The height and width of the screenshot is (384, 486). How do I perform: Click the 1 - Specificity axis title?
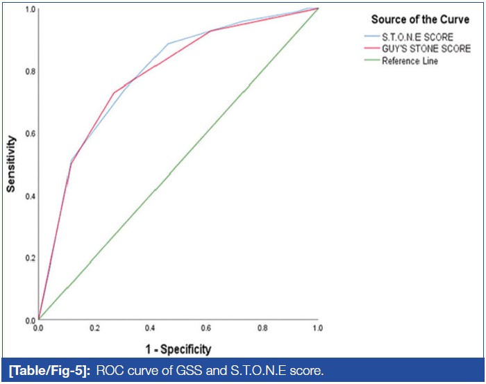(x=178, y=349)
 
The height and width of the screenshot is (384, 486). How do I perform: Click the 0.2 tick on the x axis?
(x=94, y=327)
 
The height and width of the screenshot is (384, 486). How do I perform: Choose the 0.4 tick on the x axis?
(x=150, y=327)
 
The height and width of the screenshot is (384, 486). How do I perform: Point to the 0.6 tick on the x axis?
(x=206, y=327)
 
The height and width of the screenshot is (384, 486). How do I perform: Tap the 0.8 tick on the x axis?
(x=262, y=327)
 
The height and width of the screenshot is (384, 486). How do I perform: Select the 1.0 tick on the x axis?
(x=318, y=327)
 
